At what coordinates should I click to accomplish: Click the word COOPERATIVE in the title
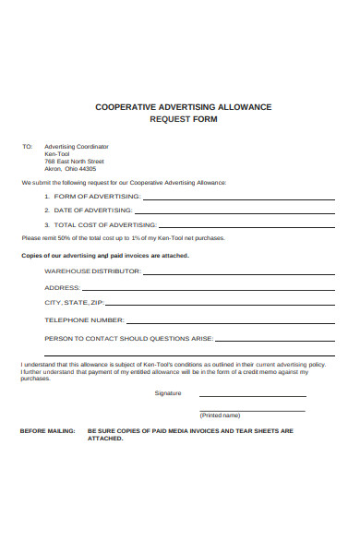(128, 107)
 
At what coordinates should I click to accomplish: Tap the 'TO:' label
(27, 147)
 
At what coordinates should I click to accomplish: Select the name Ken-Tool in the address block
(57, 154)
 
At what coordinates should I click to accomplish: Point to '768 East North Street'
(74, 162)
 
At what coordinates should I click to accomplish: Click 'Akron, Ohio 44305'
(70, 169)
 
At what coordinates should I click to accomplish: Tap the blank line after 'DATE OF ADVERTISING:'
(240, 212)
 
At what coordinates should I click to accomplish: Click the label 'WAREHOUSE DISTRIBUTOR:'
(92, 271)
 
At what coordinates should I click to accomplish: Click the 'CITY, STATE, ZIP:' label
(74, 303)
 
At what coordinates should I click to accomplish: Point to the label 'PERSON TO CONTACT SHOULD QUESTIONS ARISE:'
(129, 339)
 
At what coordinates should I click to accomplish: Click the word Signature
(168, 393)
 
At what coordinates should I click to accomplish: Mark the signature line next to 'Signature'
(251, 397)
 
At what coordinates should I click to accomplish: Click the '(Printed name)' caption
(220, 415)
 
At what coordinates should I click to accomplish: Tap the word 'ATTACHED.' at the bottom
(104, 439)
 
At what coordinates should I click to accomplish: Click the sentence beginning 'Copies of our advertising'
(104, 255)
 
